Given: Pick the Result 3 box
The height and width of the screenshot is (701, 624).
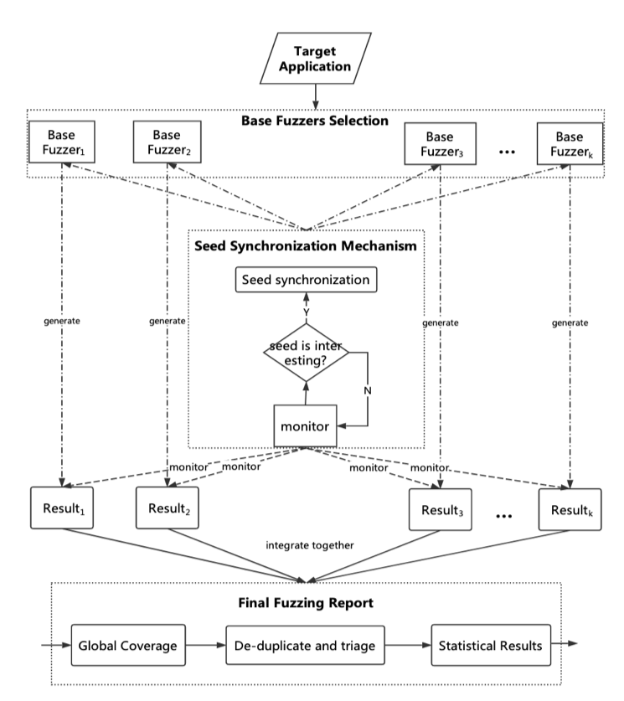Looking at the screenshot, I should pos(441,509).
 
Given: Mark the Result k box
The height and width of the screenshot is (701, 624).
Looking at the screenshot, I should pos(571,509).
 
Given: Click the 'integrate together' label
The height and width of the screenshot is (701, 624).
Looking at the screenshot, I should pos(310,545).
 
